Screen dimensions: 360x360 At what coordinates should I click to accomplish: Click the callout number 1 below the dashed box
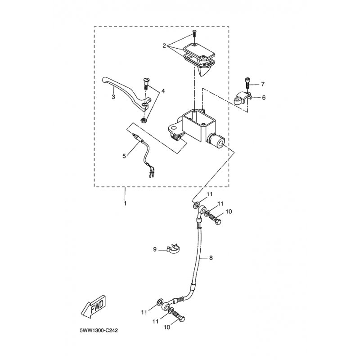pyautogui.click(x=125, y=203)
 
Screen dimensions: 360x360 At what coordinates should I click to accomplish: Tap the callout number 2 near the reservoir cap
pyautogui.click(x=164, y=46)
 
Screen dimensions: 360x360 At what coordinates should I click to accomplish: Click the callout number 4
pyautogui.click(x=163, y=91)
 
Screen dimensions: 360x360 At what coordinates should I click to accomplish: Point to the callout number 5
pyautogui.click(x=124, y=156)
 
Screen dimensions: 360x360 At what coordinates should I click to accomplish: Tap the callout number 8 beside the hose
pyautogui.click(x=211, y=258)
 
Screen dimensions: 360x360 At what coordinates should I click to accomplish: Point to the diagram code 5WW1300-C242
pyautogui.click(x=99, y=331)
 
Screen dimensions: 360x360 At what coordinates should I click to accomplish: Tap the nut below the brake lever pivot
pyautogui.click(x=143, y=120)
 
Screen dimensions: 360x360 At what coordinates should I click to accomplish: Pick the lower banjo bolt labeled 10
pyautogui.click(x=179, y=316)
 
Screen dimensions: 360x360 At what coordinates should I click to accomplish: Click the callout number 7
pyautogui.click(x=262, y=84)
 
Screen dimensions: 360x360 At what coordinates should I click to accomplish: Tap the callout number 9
pyautogui.click(x=155, y=249)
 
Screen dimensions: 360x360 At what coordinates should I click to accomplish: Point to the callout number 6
pyautogui.click(x=264, y=98)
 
